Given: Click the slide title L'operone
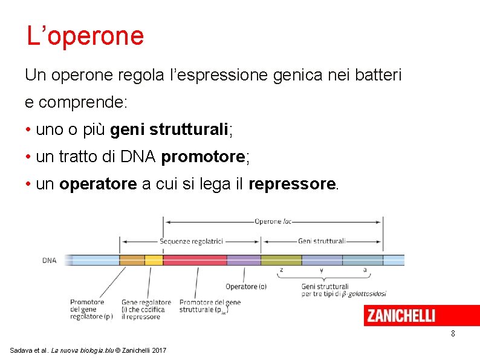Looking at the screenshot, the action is pyautogui.click(x=85, y=36).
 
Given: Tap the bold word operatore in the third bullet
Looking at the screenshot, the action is pyautogui.click(x=98, y=185).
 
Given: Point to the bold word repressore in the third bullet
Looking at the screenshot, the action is pyautogui.click(x=291, y=185).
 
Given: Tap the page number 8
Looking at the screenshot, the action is pyautogui.click(x=453, y=334).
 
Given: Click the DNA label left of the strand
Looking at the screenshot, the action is pyautogui.click(x=50, y=261).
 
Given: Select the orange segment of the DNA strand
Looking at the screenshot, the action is pyautogui.click(x=132, y=260).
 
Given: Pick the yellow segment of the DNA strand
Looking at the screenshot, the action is pyautogui.click(x=154, y=260).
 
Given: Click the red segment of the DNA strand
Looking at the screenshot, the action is pyautogui.click(x=195, y=260).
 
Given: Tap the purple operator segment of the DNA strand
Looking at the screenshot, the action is pyautogui.click(x=244, y=260).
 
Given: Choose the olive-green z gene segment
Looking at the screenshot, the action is pyautogui.click(x=281, y=260).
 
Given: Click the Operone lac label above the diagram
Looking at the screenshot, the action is pyautogui.click(x=273, y=221).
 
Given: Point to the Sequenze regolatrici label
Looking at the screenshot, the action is pyautogui.click(x=192, y=241).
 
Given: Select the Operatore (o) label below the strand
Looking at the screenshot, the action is pyautogui.click(x=246, y=286).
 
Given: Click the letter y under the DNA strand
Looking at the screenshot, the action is pyautogui.click(x=322, y=270).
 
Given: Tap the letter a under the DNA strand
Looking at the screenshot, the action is pyautogui.click(x=364, y=270).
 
